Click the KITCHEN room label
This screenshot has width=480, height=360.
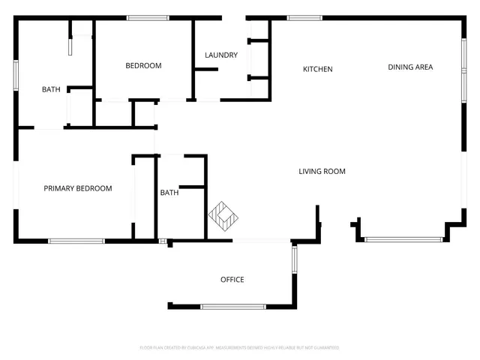click(317, 70)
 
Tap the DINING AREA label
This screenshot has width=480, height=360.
click(410, 67)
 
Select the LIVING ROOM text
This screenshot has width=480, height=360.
click(322, 172)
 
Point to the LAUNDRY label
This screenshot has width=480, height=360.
click(221, 55)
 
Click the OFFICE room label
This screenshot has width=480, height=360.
click(232, 280)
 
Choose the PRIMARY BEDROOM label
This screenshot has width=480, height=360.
click(77, 188)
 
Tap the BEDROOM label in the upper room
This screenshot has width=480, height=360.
click(143, 66)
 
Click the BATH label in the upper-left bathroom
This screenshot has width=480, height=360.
click(51, 90)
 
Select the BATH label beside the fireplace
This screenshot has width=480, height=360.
click(169, 193)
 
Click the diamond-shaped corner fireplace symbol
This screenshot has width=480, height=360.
click(223, 217)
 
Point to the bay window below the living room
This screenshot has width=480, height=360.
click(403, 239)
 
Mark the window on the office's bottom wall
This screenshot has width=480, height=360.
click(232, 306)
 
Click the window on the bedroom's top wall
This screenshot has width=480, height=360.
click(147, 18)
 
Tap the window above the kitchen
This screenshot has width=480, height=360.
click(305, 18)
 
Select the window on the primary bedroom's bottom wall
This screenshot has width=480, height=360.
click(76, 241)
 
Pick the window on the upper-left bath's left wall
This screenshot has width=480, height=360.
click(16, 76)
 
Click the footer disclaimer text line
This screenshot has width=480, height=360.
click(239, 348)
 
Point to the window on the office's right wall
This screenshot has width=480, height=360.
click(294, 259)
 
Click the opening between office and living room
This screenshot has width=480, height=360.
click(260, 241)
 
